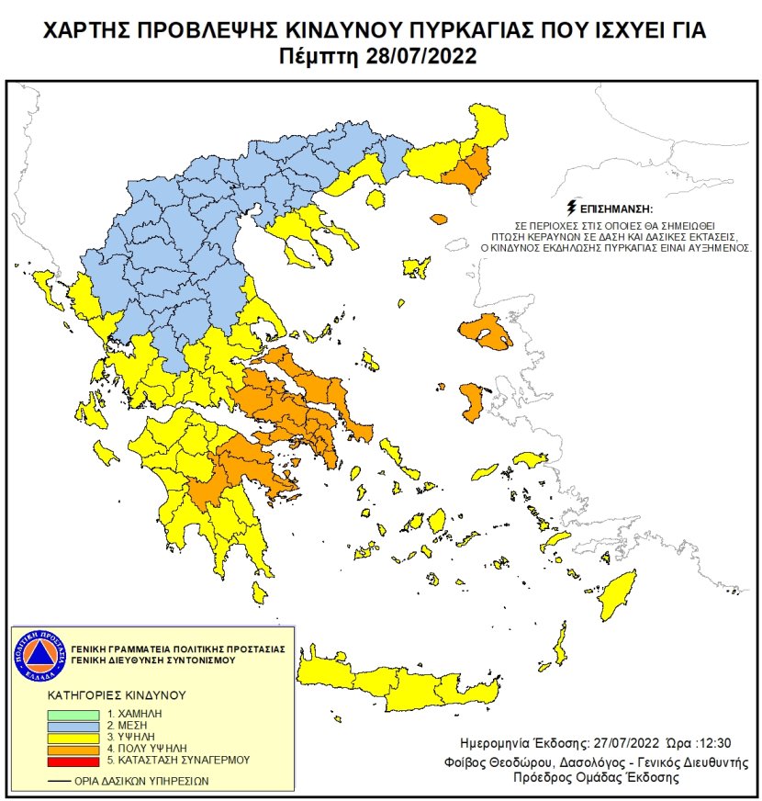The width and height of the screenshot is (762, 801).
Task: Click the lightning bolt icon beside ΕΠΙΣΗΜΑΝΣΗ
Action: click(x=574, y=206)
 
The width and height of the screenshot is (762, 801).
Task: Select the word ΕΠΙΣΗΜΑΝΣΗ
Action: click(x=621, y=208)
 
